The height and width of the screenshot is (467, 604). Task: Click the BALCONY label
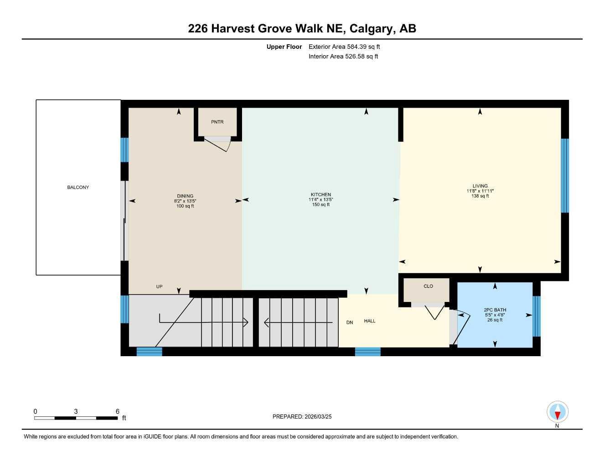[78, 187]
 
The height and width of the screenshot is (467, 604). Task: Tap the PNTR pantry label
[217, 122]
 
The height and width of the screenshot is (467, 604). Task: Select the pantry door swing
[217, 144]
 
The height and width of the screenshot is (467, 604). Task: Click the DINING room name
[185, 196]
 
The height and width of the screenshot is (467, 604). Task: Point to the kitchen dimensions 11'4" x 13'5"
[320, 200]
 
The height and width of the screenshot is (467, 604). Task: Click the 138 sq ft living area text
[480, 196]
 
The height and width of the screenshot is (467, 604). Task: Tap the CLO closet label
[428, 286]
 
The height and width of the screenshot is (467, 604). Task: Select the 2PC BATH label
[495, 310]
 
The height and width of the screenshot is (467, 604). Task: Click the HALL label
[370, 321]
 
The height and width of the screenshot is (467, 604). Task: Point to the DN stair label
[349, 322]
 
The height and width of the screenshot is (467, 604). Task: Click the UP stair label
[159, 286]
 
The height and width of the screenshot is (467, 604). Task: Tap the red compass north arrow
[558, 416]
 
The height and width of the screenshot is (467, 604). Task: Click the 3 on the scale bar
[76, 411]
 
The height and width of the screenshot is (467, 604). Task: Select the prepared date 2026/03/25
[318, 417]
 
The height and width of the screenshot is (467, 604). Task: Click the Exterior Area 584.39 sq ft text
[344, 47]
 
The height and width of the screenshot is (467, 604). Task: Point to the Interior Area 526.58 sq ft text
[343, 57]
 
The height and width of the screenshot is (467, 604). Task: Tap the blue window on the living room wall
[565, 176]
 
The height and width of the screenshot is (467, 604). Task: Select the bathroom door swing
[460, 329]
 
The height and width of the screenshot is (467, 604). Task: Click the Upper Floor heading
[284, 47]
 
